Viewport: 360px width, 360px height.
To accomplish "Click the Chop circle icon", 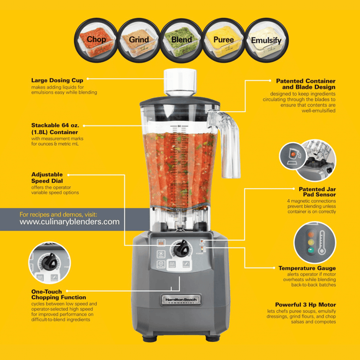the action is (96, 40).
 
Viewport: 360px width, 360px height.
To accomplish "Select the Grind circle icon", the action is (138, 40).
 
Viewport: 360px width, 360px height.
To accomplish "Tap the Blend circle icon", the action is (181, 40).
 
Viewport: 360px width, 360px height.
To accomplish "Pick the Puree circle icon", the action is (223, 40).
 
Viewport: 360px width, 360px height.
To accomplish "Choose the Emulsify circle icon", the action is (266, 40).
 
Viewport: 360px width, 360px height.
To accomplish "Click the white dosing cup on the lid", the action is (180, 82).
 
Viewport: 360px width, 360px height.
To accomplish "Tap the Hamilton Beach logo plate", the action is (181, 300).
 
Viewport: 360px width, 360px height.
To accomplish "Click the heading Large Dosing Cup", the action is (57, 80).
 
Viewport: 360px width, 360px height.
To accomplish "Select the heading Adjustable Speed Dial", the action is (47, 178).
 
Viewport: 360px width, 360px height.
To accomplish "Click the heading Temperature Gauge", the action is (307, 268).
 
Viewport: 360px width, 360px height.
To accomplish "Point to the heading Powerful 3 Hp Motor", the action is (305, 305).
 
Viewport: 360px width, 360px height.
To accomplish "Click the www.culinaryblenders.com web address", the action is (70, 222).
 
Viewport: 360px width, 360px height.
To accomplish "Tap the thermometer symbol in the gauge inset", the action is (322, 243).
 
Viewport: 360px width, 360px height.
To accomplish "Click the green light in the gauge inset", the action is (310, 250).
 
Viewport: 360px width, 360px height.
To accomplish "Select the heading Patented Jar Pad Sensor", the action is (317, 192).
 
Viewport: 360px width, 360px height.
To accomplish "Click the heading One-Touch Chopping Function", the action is (58, 294).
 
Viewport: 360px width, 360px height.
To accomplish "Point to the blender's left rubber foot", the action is (150, 338).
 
